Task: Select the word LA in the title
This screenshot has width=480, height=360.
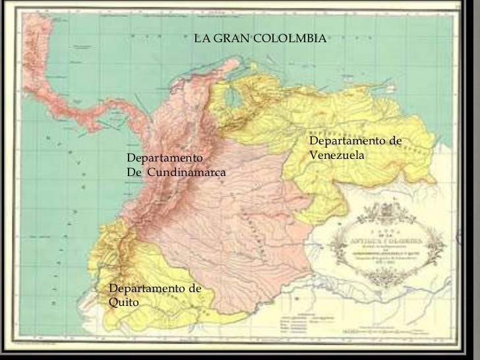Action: pos(201,39)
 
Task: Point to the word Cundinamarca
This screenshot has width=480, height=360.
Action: pos(187,173)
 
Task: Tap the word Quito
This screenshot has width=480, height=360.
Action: pos(123,302)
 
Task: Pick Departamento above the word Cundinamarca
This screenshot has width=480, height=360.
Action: pos(164,159)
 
